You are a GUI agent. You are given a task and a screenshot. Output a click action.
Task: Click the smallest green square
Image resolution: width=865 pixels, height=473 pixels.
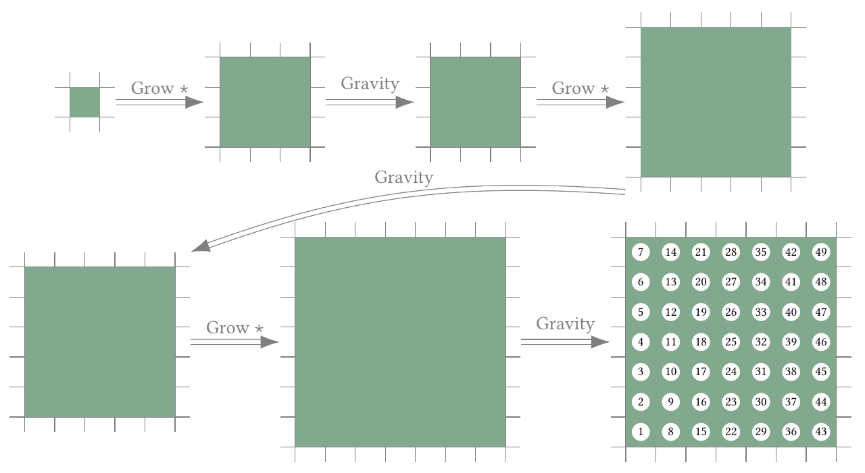point(84,102)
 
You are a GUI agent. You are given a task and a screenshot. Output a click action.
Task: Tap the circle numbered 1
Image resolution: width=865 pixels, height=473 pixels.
point(641,432)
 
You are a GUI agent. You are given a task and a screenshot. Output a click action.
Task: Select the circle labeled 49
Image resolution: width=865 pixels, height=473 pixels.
point(821,252)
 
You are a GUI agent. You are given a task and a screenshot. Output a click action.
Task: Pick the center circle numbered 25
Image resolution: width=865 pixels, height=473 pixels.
point(731,342)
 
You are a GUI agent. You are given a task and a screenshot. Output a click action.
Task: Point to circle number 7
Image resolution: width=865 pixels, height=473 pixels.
point(641,252)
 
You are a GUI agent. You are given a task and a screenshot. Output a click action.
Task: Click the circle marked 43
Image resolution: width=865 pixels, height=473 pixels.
point(821,432)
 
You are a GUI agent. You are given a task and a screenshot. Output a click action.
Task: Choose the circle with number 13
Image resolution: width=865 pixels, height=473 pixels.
point(670,282)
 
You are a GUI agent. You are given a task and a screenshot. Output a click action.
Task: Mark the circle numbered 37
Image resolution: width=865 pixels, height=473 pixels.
point(791,402)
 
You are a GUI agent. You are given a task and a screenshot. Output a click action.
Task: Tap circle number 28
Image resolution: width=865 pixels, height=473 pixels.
point(731,252)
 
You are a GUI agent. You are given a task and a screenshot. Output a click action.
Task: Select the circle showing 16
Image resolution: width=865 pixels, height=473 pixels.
point(701,402)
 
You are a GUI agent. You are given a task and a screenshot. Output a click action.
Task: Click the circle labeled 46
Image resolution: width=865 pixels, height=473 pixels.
point(821,342)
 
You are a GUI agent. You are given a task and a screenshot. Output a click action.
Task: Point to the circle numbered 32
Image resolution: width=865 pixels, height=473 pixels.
point(761,342)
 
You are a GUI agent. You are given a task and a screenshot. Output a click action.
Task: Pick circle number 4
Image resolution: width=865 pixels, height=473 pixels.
point(641,342)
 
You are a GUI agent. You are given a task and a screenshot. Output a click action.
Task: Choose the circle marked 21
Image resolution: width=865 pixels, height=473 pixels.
point(701,252)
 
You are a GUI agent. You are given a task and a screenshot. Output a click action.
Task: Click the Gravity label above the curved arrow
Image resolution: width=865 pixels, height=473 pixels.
point(403,177)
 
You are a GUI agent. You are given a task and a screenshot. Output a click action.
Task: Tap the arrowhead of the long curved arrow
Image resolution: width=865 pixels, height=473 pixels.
point(201,246)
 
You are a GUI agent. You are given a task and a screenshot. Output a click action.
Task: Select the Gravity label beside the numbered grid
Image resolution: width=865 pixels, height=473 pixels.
point(565,324)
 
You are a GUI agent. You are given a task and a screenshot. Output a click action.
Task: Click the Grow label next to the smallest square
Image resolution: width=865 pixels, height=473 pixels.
point(152,88)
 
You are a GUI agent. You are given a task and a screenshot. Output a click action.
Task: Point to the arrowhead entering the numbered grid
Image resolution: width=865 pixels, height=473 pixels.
point(600,342)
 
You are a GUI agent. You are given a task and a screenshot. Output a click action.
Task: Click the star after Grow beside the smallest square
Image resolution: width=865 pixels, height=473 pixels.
point(184,89)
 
